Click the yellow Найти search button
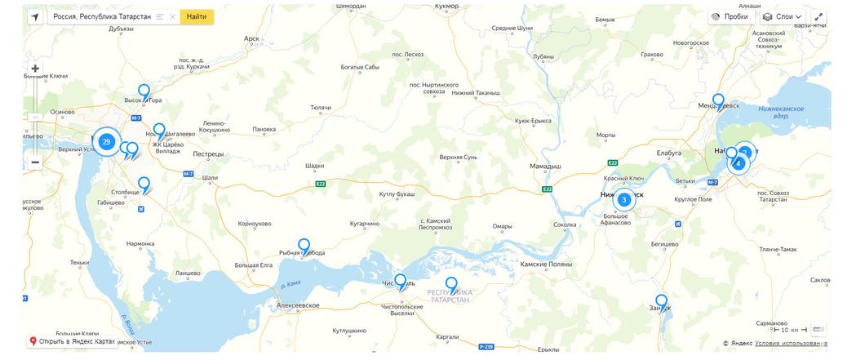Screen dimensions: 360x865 tap(197, 16)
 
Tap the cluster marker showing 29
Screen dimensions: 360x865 tap(106, 142)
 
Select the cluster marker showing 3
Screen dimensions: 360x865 tap(623, 199)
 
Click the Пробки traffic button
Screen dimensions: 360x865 tap(730, 16)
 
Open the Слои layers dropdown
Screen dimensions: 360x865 tap(783, 16)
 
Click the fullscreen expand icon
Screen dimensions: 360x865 tap(818, 16)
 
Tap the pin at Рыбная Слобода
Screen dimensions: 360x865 tap(304, 246)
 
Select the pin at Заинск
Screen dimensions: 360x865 tap(661, 301)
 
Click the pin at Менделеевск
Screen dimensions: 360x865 tap(718, 100)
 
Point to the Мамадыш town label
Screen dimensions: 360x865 tap(545, 166)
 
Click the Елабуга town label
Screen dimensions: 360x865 tap(668, 153)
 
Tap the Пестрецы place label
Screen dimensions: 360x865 tap(208, 153)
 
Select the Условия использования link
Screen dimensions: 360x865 tap(790, 344)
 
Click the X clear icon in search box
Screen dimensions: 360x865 tap(173, 16)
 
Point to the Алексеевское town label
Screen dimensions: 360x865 tap(298, 305)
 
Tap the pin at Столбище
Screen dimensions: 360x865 tap(144, 184)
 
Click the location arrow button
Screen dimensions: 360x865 tap(35, 16)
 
